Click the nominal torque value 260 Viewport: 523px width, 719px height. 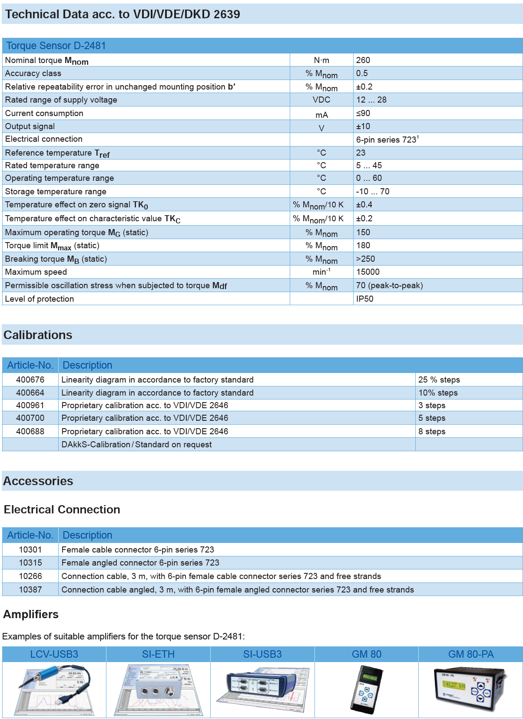[363, 60]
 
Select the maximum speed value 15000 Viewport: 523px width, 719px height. [367, 272]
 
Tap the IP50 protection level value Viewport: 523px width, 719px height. [364, 299]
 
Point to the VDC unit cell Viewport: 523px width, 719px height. [321, 100]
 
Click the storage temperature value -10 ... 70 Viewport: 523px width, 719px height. [373, 191]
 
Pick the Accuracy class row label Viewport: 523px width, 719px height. [33, 73]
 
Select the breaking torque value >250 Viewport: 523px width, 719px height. [365, 259]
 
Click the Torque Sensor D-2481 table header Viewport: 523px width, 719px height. [56, 46]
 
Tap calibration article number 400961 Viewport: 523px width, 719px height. [30, 405]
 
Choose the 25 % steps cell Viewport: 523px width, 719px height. [439, 379]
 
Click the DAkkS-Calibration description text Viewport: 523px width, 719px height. [136, 444]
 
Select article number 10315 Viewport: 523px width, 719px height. [30, 563]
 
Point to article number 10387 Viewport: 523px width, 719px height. [30, 589]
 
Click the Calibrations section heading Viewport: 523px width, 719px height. [38, 335]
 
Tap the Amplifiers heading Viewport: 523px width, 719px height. [31, 614]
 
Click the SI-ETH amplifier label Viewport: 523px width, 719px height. [158, 654]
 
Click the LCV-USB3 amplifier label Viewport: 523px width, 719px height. [54, 654]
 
